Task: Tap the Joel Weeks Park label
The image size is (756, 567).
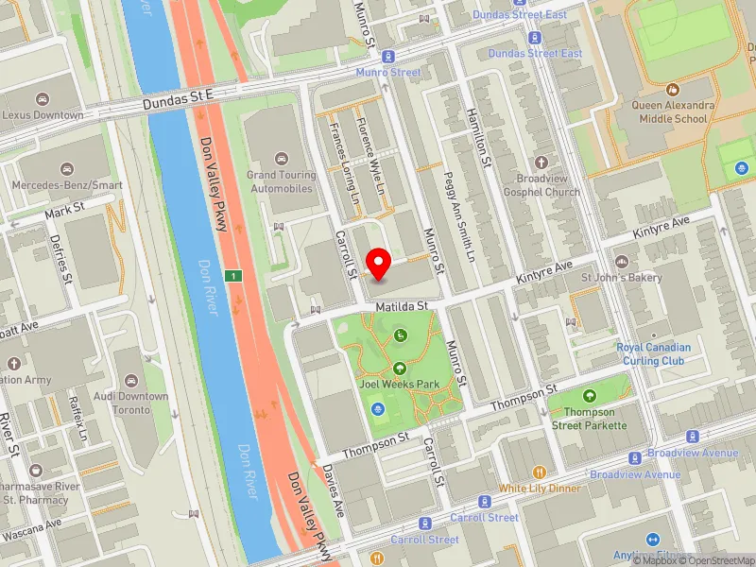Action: coord(400,385)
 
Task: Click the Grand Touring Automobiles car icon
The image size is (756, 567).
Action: coord(281,159)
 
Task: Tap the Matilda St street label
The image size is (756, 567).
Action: coord(402,306)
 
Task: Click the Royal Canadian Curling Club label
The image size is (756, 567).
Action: coord(653,353)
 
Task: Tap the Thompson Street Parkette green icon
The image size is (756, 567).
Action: coord(591,395)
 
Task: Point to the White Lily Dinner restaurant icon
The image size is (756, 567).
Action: coord(539,472)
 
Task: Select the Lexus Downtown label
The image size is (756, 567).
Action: coord(43,115)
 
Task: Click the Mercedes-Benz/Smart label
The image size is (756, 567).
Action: coord(68,186)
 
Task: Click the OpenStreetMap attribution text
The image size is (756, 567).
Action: coord(716,559)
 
